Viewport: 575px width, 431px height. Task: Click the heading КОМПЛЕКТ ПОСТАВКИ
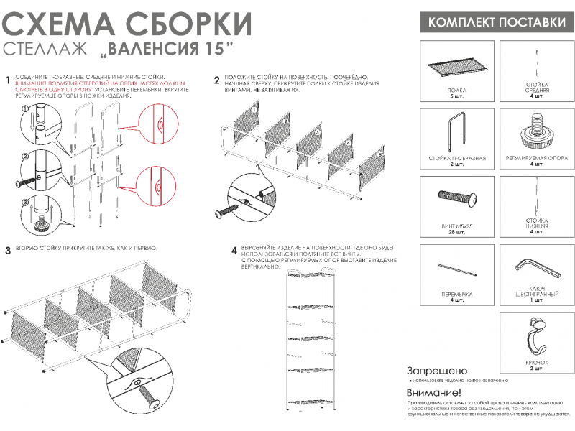tap(497, 22)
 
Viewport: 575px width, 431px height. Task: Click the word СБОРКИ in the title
tap(185, 23)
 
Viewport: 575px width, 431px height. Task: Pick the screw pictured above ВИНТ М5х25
tap(457, 199)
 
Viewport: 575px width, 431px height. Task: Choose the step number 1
tap(7, 80)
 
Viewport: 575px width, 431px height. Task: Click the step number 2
tap(217, 80)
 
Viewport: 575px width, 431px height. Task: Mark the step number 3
tap(7, 251)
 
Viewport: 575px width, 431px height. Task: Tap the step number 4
tap(234, 251)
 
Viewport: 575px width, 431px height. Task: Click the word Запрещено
tap(432, 370)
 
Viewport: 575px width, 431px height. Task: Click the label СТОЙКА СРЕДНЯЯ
tap(536, 88)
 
